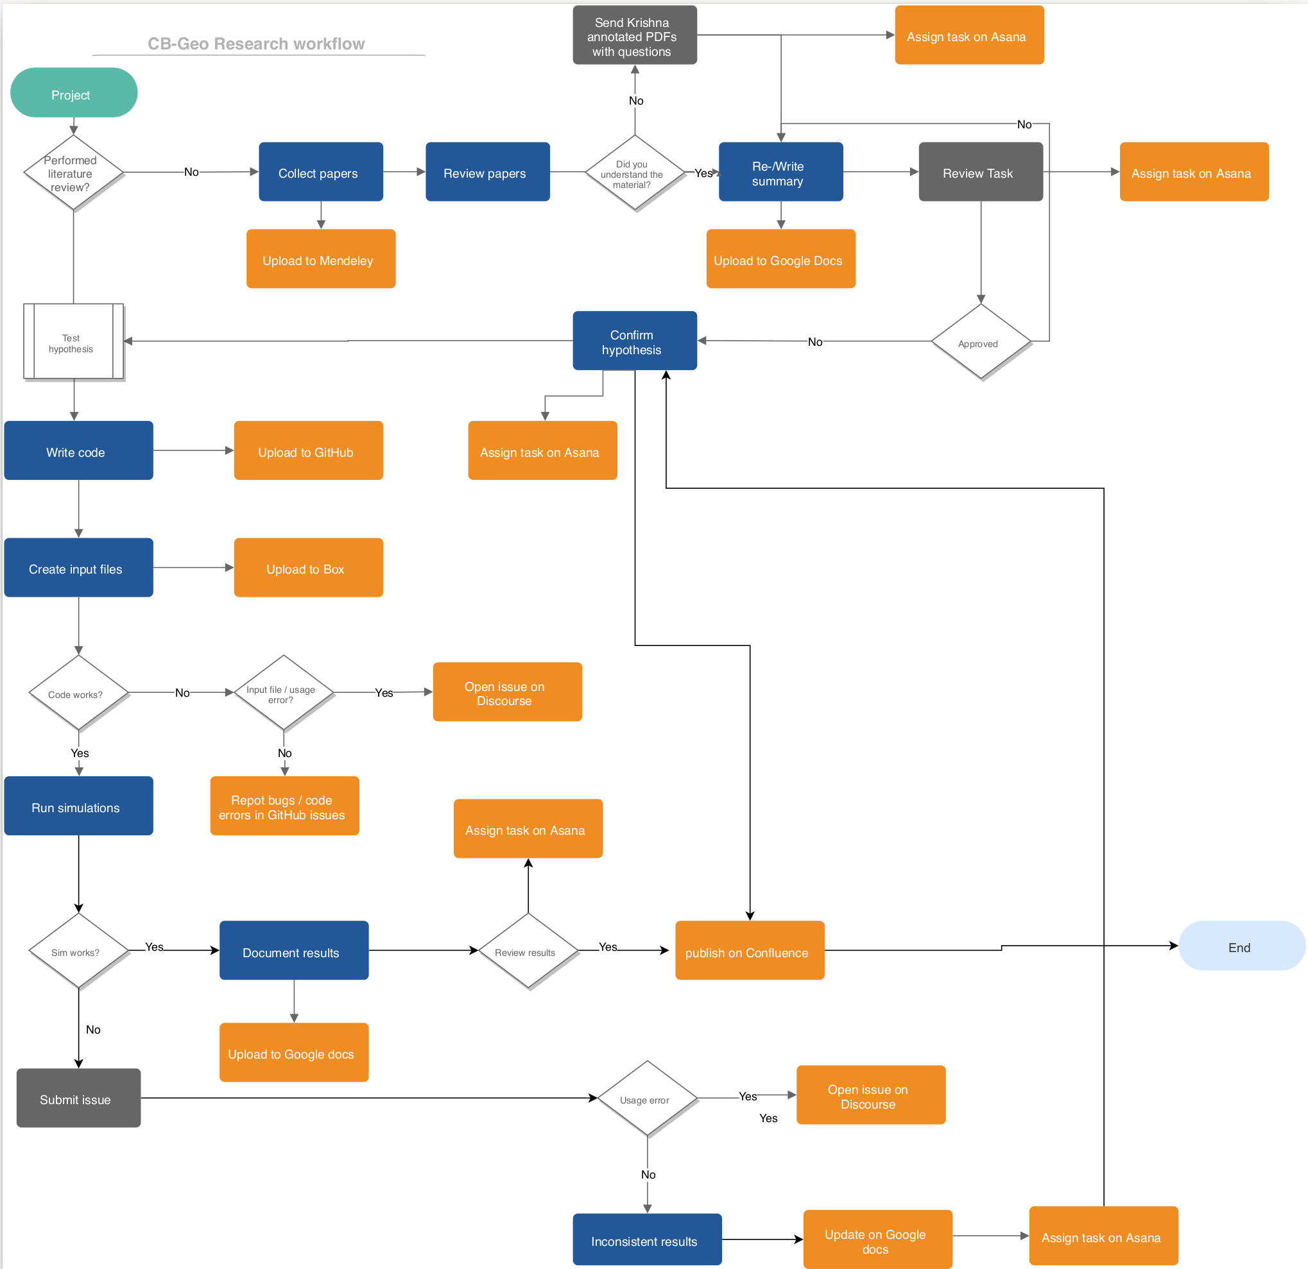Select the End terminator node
point(1241,946)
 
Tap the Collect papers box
point(320,172)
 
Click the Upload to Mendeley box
point(320,259)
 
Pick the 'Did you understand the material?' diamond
point(634,173)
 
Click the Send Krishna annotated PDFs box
point(634,36)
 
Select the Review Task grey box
point(979,172)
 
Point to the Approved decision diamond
point(979,342)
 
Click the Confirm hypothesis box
point(634,341)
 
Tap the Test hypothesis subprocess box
point(73,342)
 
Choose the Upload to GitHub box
point(307,451)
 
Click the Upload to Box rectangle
point(307,568)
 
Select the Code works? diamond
point(78,694)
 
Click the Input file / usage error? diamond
point(283,694)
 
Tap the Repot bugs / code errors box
point(284,806)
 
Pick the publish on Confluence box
point(749,951)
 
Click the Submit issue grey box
point(78,1098)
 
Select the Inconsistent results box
point(646,1239)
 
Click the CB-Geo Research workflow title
point(256,44)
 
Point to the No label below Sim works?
point(93,1030)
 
